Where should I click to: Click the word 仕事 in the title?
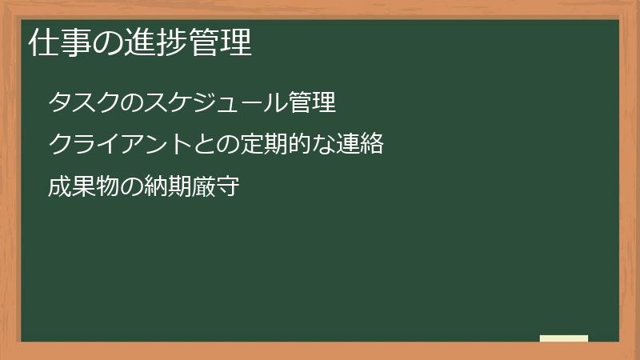coord(60,44)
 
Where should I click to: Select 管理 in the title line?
coord(220,44)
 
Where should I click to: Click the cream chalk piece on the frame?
coord(564,338)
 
